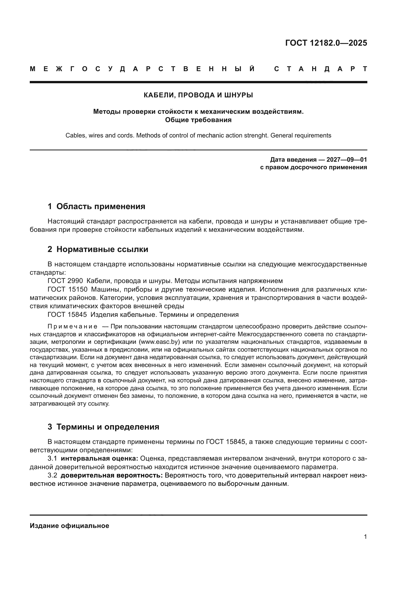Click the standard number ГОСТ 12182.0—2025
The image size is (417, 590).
tap(326, 43)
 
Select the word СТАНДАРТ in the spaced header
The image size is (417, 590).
tap(320, 69)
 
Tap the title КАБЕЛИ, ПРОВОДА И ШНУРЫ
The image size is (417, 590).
tap(198, 95)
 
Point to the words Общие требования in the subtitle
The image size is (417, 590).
tap(198, 120)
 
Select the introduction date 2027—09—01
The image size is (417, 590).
tap(346, 160)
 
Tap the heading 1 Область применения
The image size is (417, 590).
tap(97, 206)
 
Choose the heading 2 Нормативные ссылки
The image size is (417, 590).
tap(98, 249)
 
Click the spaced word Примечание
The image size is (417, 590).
tap(72, 327)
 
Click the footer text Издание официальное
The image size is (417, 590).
tap(69, 526)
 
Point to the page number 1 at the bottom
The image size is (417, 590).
tap(365, 537)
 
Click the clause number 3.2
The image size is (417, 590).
tap(52, 475)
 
